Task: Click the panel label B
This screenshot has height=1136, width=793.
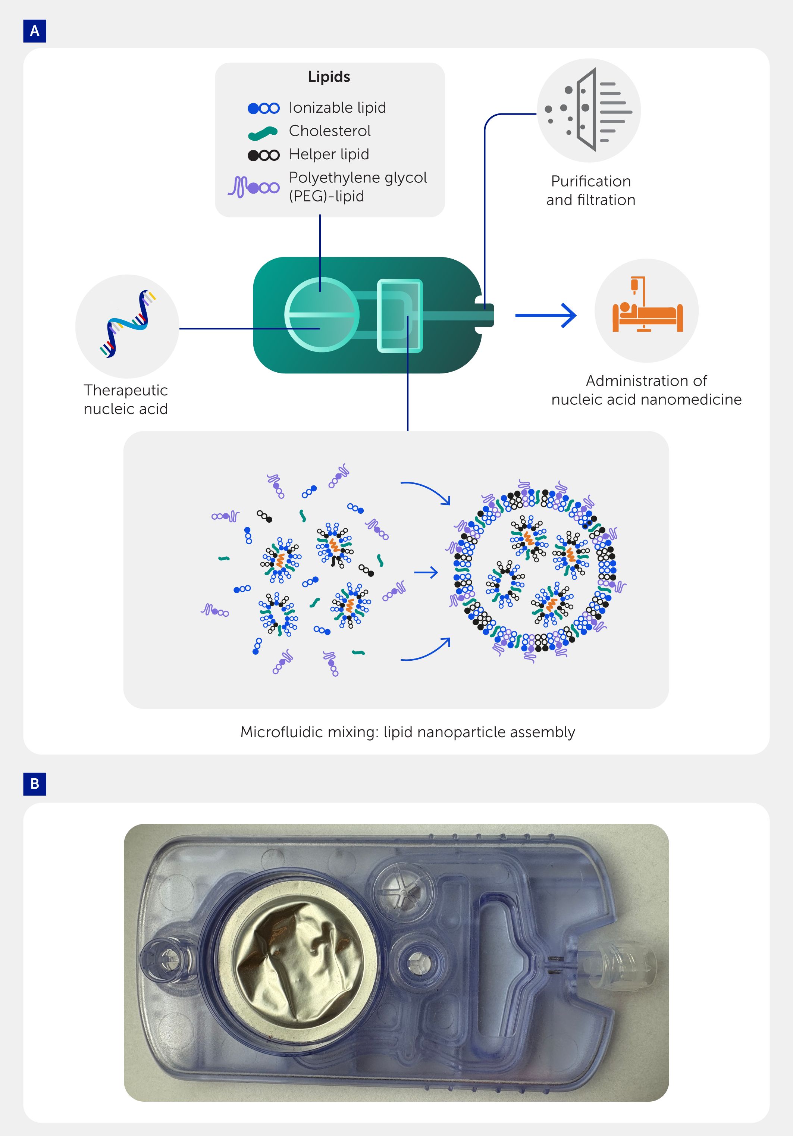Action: pos(35,784)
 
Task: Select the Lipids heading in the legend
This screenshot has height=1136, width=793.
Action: pos(329,77)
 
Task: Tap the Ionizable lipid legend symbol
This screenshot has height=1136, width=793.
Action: pos(264,108)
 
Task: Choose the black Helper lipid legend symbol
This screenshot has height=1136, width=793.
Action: pos(264,155)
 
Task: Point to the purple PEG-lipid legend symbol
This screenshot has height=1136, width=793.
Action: pos(254,187)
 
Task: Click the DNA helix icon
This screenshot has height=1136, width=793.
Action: pos(128,324)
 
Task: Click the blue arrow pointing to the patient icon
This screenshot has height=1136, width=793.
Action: pos(546,315)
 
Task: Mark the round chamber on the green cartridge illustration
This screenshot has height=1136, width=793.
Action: pos(322,314)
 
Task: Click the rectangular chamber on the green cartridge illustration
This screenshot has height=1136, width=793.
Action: pos(400,316)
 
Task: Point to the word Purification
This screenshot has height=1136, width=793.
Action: pos(591,182)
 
